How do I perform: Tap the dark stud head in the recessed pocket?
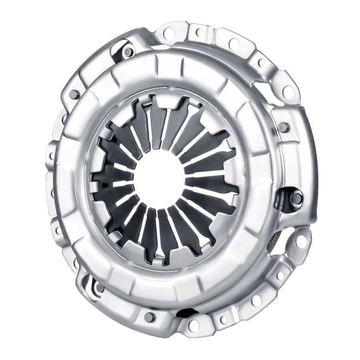(x=296, y=197)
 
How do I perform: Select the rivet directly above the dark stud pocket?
(x=283, y=127)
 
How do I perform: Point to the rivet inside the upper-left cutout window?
(x=128, y=52)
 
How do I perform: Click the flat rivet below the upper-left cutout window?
(x=74, y=95)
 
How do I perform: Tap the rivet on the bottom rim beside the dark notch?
(x=150, y=317)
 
